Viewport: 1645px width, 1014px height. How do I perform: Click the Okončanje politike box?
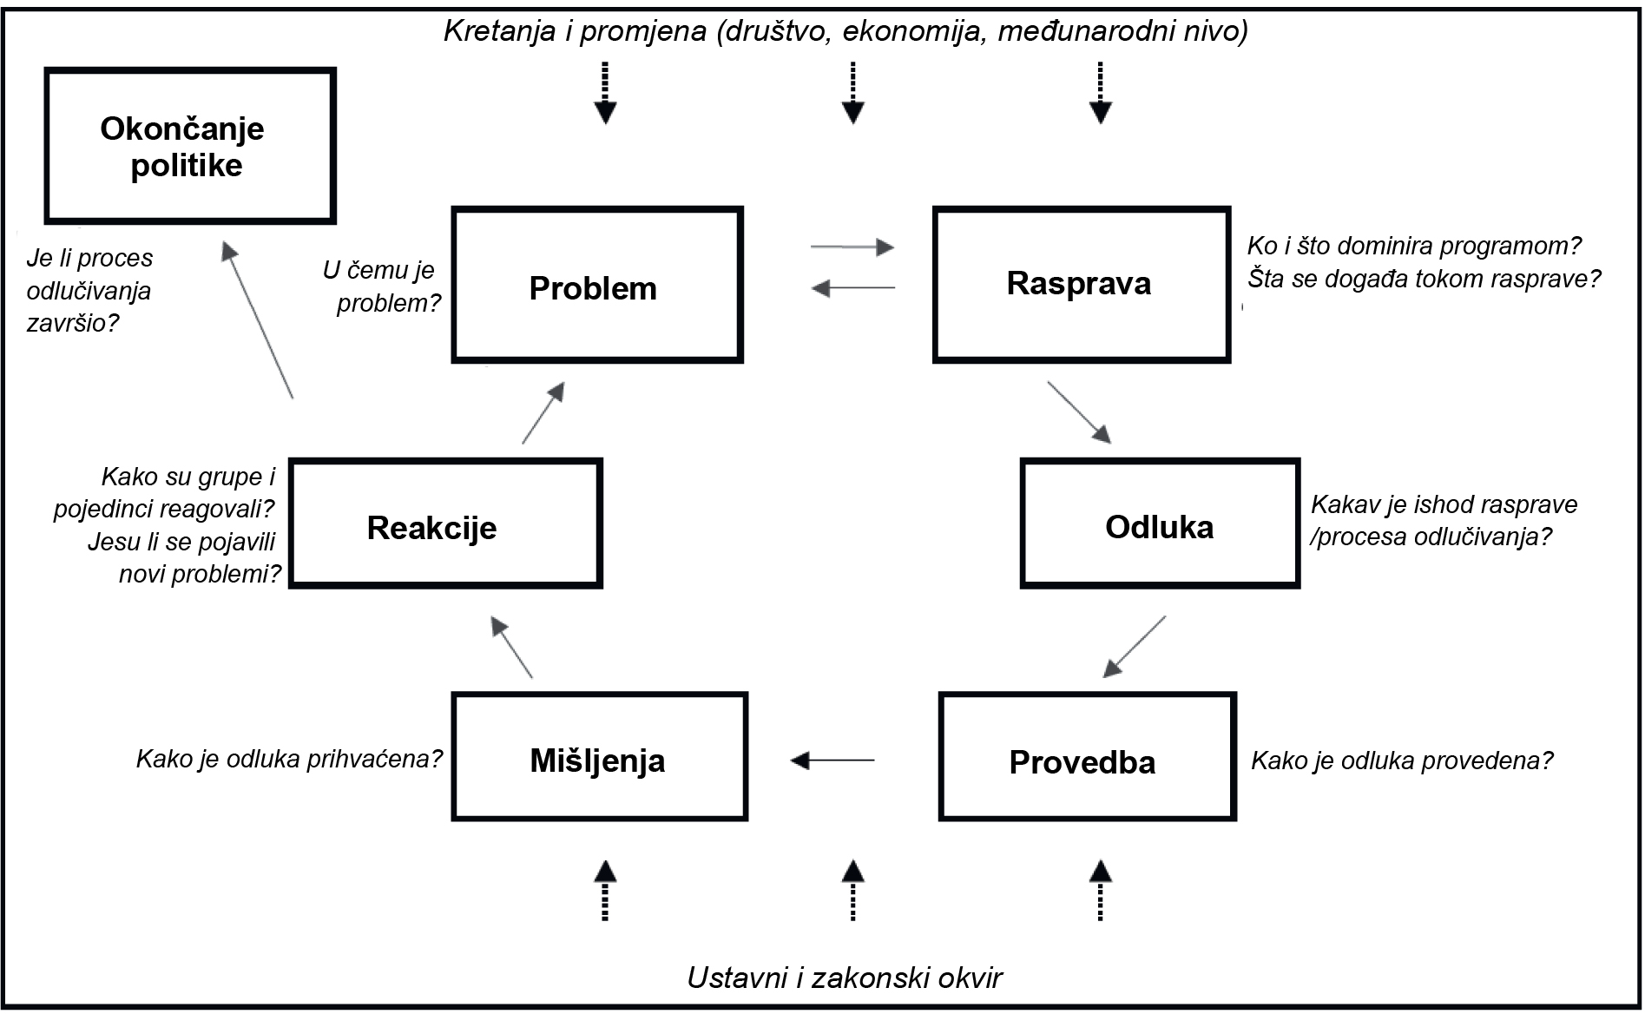pos(189,146)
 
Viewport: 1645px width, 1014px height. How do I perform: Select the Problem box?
pos(597,285)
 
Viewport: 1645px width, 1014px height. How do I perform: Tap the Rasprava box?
pos(1082,285)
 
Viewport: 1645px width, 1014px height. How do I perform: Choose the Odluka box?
pos(1160,524)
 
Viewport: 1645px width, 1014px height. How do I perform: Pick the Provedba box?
pos(1087,757)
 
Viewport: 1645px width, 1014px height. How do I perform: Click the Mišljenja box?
pos(599,757)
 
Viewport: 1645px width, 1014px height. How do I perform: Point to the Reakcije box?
pos(445,524)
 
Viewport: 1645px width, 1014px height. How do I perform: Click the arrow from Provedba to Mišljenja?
pos(832,760)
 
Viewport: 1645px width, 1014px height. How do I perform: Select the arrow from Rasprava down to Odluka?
pos(1079,412)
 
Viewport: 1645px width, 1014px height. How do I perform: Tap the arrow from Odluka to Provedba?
pos(1134,647)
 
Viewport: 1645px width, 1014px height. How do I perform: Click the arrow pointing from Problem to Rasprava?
pos(852,247)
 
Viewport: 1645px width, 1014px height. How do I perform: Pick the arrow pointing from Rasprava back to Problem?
pos(853,287)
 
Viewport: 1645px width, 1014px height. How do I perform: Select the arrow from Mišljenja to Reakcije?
pos(511,647)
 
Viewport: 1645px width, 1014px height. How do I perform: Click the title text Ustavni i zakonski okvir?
pos(844,978)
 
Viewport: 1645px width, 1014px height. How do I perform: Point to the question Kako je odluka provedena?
pos(1401,761)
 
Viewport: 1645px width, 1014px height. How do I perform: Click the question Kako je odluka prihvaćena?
pos(289,760)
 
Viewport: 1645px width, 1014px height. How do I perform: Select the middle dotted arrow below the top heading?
pos(852,92)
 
